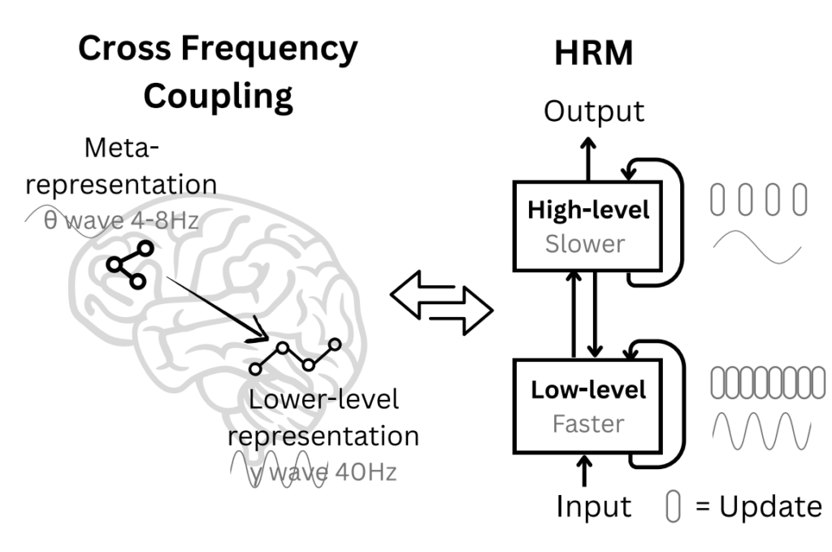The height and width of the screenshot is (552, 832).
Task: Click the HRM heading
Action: pyautogui.click(x=594, y=53)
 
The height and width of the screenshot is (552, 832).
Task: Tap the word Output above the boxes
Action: pyautogui.click(x=594, y=111)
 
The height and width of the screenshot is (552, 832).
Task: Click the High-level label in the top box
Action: pyautogui.click(x=588, y=211)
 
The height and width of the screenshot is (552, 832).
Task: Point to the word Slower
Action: pyautogui.click(x=585, y=244)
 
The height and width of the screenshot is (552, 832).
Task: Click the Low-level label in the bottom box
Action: pyautogui.click(x=588, y=389)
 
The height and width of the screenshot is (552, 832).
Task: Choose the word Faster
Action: pyautogui.click(x=588, y=424)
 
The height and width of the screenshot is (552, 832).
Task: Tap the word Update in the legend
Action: pyautogui.click(x=770, y=507)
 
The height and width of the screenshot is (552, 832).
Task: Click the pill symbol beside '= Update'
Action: pyautogui.click(x=674, y=506)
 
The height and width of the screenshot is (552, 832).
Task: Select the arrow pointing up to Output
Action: pyautogui.click(x=588, y=159)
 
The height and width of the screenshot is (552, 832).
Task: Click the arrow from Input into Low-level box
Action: pyautogui.click(x=584, y=471)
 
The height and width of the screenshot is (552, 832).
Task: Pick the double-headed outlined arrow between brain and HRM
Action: pyautogui.click(x=441, y=302)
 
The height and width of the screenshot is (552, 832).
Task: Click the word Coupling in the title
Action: pyautogui.click(x=218, y=96)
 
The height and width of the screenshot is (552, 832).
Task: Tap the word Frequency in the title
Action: pyautogui.click(x=270, y=50)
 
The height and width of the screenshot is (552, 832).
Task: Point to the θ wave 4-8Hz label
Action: pyautogui.click(x=121, y=220)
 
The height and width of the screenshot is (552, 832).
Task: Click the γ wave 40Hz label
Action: pyautogui.click(x=323, y=472)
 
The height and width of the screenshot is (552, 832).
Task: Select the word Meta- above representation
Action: pyautogui.click(x=122, y=147)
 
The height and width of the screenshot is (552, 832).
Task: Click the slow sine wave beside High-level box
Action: pyautogui.click(x=757, y=247)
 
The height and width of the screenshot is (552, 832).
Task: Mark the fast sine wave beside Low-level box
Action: pyautogui.click(x=761, y=431)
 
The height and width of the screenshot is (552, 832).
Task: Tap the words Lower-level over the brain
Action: pyautogui.click(x=323, y=399)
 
